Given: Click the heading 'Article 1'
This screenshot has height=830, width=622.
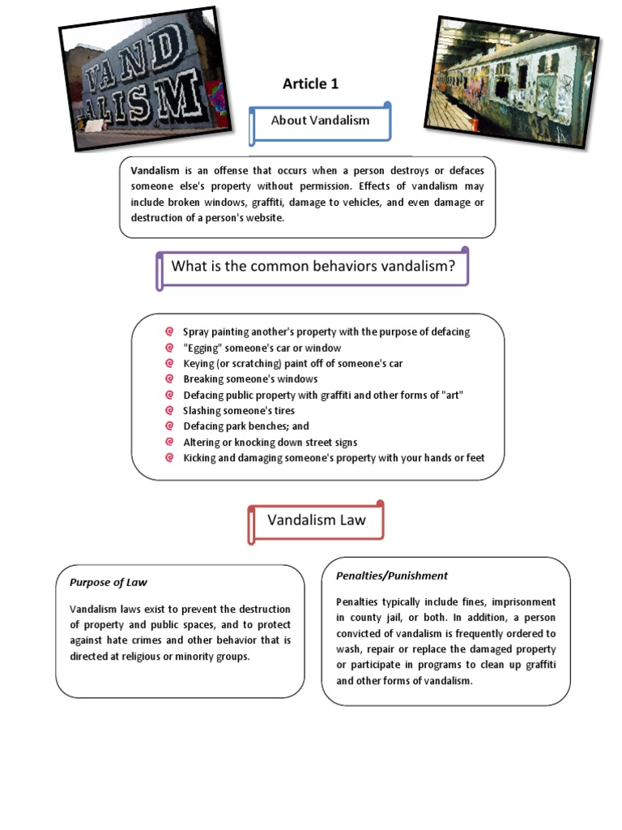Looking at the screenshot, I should pos(310,83).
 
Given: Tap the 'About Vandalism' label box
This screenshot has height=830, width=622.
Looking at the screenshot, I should pos(320,121).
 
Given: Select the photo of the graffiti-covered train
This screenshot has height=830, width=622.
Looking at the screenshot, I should pos(509,79).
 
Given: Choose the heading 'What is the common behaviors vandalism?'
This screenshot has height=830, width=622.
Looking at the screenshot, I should pos(313,266).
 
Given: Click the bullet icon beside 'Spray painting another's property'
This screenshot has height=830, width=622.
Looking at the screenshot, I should pos(169,332).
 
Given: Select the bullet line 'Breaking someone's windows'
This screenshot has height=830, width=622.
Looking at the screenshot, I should pos(250,379).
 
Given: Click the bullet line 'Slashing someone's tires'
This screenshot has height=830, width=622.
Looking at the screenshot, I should pos(239,410).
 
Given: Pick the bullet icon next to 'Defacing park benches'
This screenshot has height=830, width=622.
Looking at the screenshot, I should pos(169,426).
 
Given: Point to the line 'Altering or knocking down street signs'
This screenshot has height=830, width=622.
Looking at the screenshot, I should pos(270,442).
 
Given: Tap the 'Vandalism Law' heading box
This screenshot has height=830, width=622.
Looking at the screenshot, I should pos(317,520).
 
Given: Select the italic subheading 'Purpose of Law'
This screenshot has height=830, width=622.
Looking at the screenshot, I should pos(109,582).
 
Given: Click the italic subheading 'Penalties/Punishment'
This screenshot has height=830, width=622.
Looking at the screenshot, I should pos(391,575).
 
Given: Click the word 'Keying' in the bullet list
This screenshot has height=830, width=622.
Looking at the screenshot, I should pos(198,363).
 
